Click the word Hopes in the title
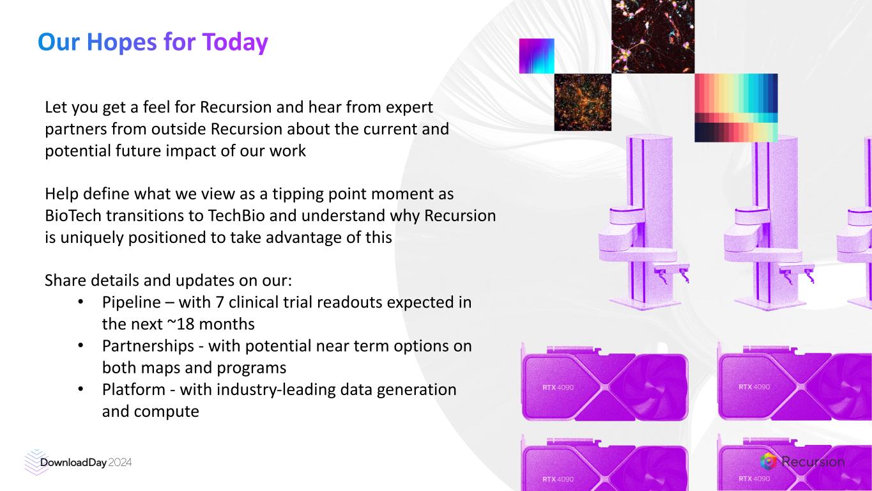(122, 42)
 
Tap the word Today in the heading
(235, 42)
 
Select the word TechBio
(236, 215)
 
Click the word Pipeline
(131, 302)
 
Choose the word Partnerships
(148, 346)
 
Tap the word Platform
(134, 390)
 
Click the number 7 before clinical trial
(220, 302)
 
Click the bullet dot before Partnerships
(80, 346)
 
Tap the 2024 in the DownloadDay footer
(120, 463)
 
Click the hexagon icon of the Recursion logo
(769, 462)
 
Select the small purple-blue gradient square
(537, 56)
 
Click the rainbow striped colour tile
(736, 107)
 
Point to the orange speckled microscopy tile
(583, 102)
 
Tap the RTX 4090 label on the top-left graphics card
(558, 387)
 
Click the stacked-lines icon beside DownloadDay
(36, 462)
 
